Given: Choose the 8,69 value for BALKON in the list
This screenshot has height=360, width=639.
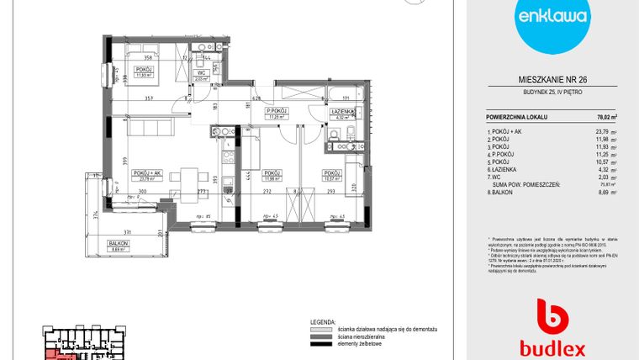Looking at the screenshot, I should point(601,193).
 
